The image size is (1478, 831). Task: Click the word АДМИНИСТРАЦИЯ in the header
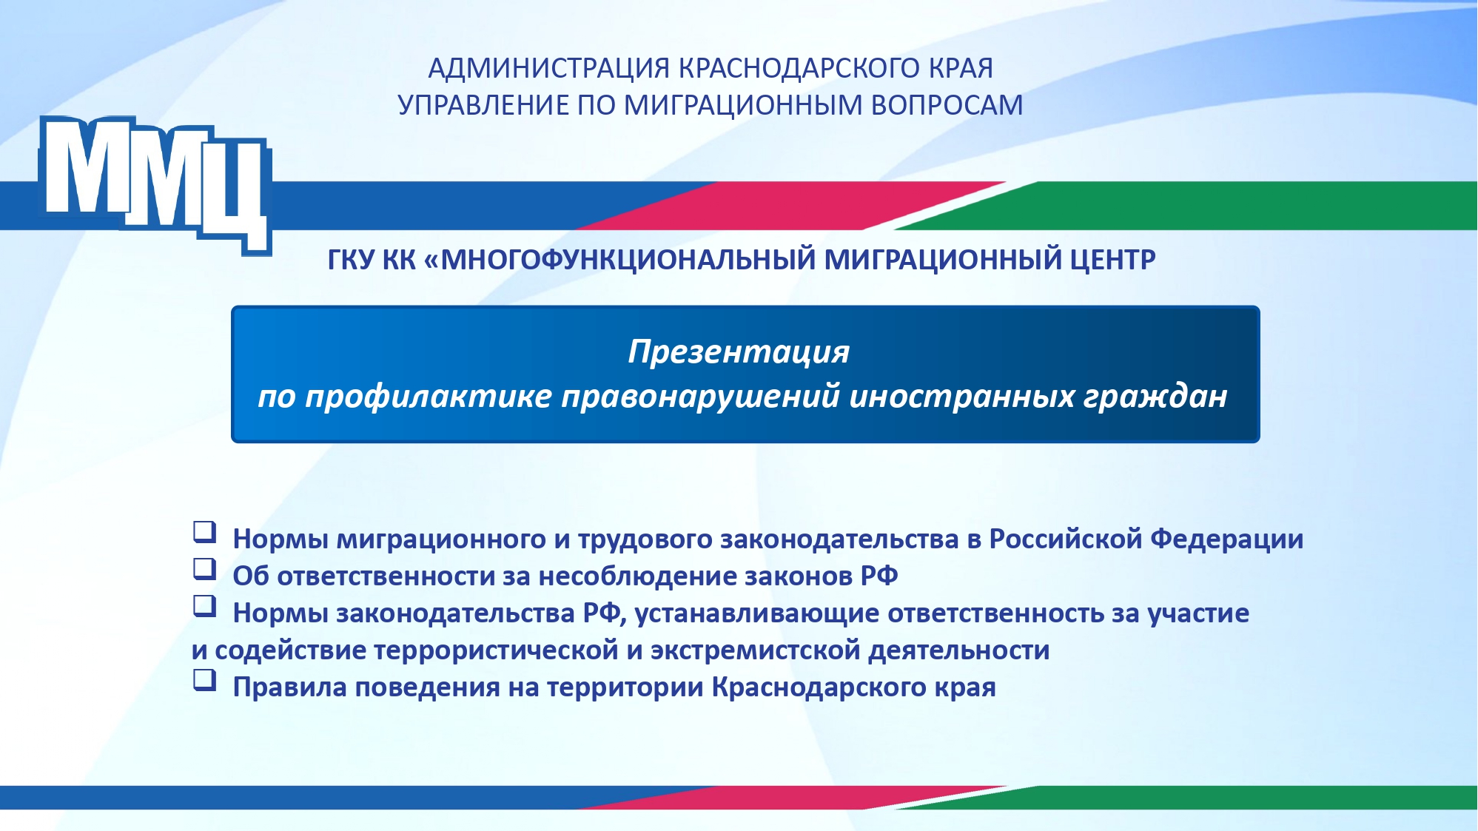tap(549, 69)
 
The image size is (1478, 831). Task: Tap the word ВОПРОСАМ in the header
tap(947, 105)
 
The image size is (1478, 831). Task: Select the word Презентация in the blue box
tap(739, 351)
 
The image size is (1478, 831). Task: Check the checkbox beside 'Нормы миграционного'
tap(204, 531)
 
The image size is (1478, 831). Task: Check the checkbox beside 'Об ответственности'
tap(204, 568)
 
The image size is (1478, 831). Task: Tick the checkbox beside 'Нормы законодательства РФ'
tap(204, 605)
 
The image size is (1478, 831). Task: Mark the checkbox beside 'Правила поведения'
tap(204, 679)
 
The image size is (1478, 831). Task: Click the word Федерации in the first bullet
tap(1226, 539)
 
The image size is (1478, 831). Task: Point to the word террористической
tap(496, 650)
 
